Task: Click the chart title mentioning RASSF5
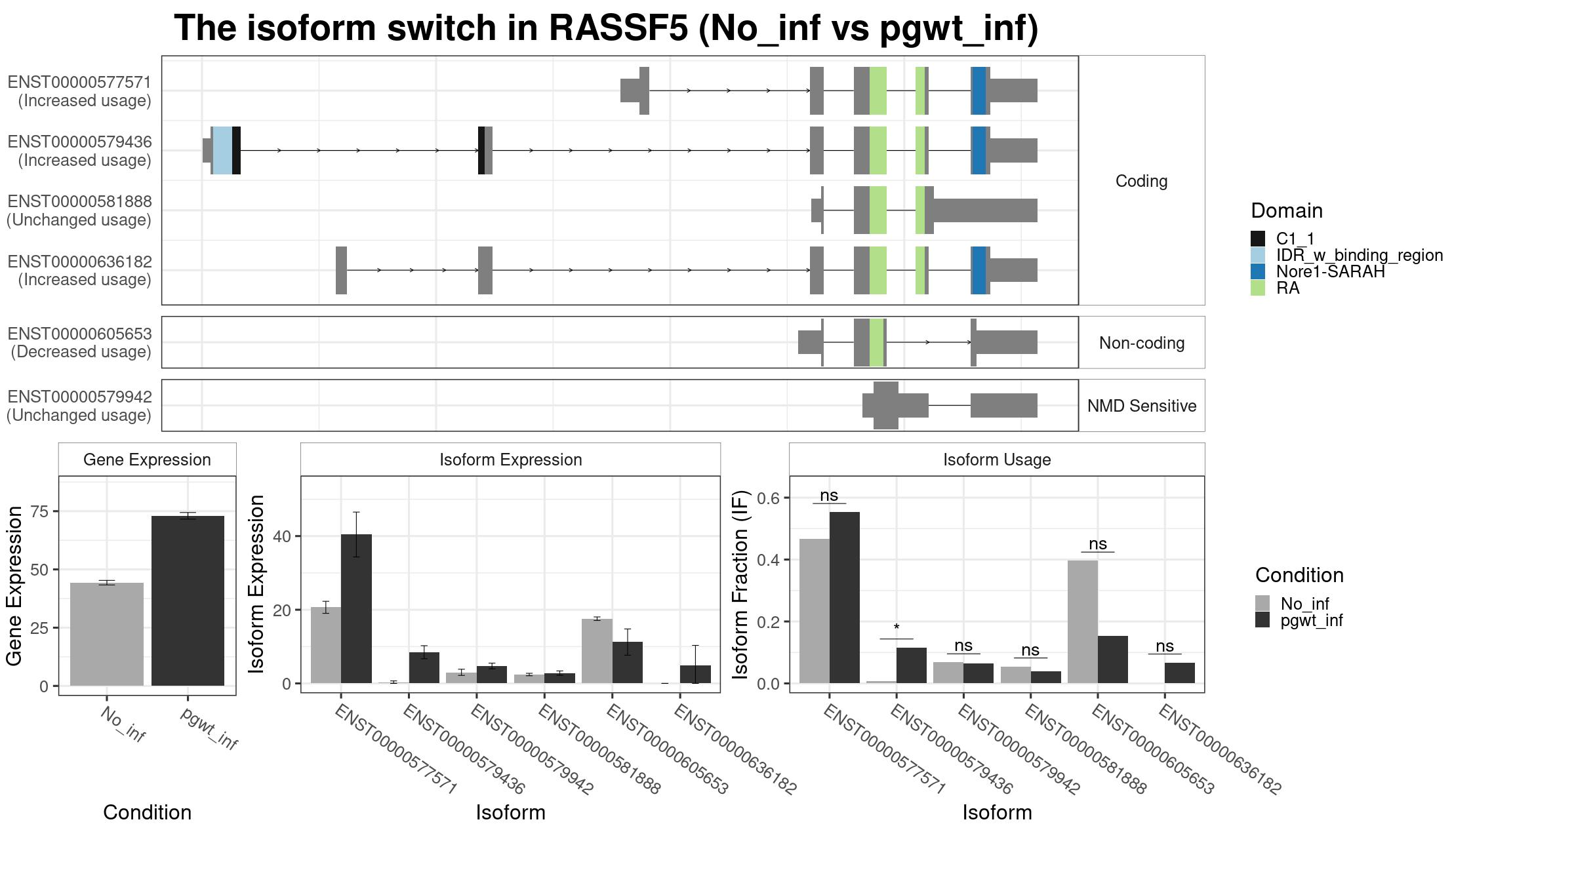[x=606, y=28]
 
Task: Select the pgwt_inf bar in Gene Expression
[x=188, y=600]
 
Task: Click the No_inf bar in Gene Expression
[x=107, y=634]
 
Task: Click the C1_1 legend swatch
[x=1258, y=239]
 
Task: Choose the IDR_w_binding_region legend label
[x=1360, y=255]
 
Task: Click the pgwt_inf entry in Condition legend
[x=1311, y=620]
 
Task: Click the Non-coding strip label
[x=1142, y=343]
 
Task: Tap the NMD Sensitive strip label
[x=1142, y=406]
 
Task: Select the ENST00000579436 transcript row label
[x=79, y=151]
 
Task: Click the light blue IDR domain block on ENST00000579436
[x=222, y=150]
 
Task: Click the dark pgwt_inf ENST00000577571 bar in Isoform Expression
[x=356, y=609]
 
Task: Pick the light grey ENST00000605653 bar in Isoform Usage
[x=1082, y=621]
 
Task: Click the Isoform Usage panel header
[x=997, y=460]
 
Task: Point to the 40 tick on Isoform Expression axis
[x=282, y=536]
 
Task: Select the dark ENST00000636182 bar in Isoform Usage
[x=1180, y=673]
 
